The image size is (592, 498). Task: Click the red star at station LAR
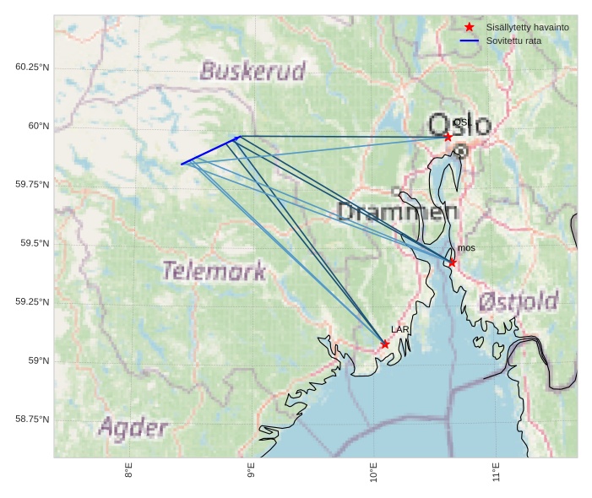pyautogui.click(x=385, y=344)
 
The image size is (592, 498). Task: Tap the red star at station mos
pyautogui.click(x=452, y=263)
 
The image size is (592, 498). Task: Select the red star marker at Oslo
pyautogui.click(x=448, y=137)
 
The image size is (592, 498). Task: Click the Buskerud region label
pyautogui.click(x=253, y=71)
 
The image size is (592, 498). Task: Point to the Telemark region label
pyautogui.click(x=214, y=271)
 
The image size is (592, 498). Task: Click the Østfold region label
pyautogui.click(x=518, y=301)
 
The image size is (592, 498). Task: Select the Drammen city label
pyautogui.click(x=397, y=212)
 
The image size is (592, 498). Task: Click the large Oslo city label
pyautogui.click(x=460, y=125)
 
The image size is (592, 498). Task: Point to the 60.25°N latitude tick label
pyautogui.click(x=32, y=67)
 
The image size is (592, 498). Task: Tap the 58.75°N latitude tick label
pyautogui.click(x=32, y=419)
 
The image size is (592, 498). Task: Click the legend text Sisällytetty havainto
pyautogui.click(x=527, y=28)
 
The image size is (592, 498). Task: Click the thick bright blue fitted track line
pyautogui.click(x=211, y=149)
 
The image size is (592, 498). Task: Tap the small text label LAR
pyautogui.click(x=399, y=329)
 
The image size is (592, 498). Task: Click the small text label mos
pyautogui.click(x=466, y=248)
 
